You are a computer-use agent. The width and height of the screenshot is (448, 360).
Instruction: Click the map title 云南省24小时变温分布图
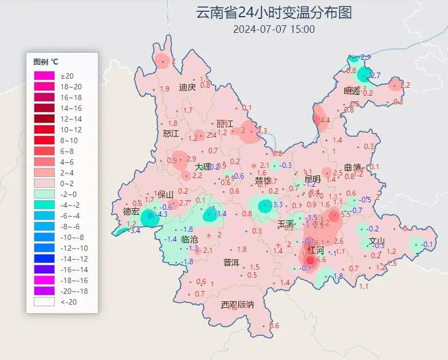click(274, 12)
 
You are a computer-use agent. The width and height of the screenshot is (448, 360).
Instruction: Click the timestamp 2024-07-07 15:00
click(274, 29)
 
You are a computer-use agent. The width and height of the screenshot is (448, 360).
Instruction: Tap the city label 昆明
click(312, 179)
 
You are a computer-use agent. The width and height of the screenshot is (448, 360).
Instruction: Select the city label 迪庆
click(187, 87)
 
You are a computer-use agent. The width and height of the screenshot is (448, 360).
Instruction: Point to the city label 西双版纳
click(237, 305)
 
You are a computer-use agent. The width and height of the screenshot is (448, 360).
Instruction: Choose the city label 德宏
click(131, 211)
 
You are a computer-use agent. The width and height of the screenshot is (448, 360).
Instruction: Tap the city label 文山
click(377, 241)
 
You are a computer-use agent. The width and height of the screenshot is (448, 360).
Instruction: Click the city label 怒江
click(170, 133)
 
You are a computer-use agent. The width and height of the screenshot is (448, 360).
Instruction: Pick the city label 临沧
click(189, 239)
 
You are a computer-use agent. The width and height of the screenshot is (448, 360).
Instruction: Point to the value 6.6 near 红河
click(321, 259)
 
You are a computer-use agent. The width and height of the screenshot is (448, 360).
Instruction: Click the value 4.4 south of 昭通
click(324, 121)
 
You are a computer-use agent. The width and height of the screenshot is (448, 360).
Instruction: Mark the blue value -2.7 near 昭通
click(375, 75)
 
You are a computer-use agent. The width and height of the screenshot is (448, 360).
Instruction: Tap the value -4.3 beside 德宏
click(161, 214)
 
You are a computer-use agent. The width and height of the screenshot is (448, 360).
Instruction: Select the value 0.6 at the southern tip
click(274, 326)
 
